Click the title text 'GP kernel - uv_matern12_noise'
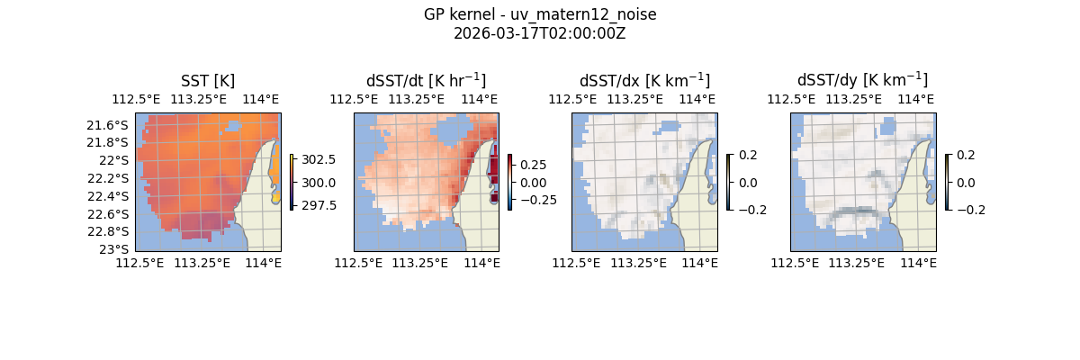pyautogui.click(x=540, y=14)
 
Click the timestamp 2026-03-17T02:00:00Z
pyautogui.click(x=540, y=33)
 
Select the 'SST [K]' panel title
pyautogui.click(x=208, y=81)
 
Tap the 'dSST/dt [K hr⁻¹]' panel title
pyautogui.click(x=426, y=81)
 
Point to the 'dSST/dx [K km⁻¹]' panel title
pyautogui.click(x=644, y=81)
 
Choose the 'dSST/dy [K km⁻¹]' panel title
pyautogui.click(x=862, y=81)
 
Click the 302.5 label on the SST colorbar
pyautogui.click(x=319, y=160)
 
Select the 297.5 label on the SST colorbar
pyautogui.click(x=319, y=205)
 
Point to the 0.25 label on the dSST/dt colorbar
pyautogui.click(x=533, y=166)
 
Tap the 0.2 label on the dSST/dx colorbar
pyautogui.click(x=748, y=155)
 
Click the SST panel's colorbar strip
pyautogui.click(x=292, y=182)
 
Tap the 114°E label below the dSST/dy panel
pyautogui.click(x=917, y=263)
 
